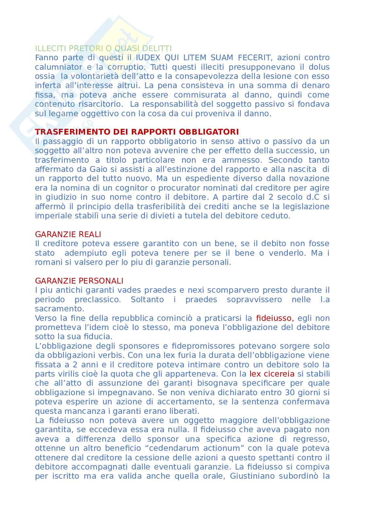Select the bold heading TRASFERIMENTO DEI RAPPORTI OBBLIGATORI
pyautogui.click(x=137, y=132)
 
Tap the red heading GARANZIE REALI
pyautogui.click(x=68, y=234)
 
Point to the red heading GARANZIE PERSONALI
pyautogui.click(x=79, y=281)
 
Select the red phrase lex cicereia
pyautogui.click(x=272, y=374)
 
